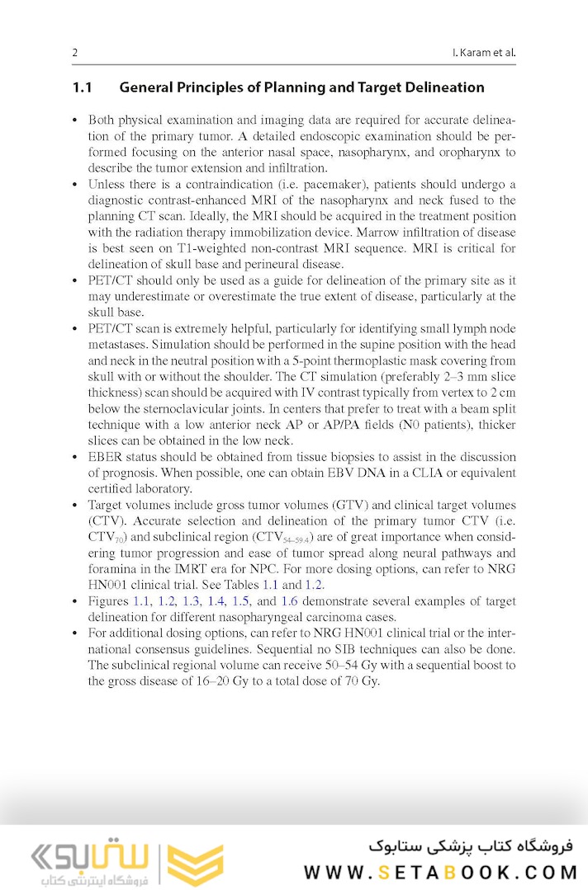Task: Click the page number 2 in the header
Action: click(x=74, y=54)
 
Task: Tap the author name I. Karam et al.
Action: click(x=479, y=54)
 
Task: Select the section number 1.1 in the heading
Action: click(x=83, y=87)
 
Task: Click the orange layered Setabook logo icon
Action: click(x=195, y=864)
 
